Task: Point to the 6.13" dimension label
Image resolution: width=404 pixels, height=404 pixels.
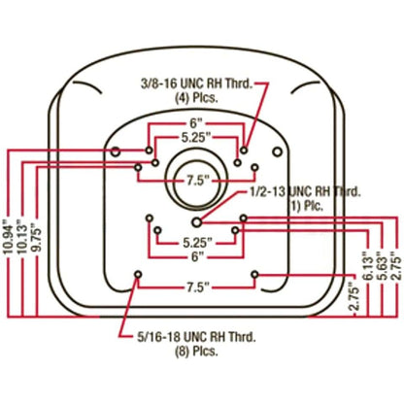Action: (x=369, y=265)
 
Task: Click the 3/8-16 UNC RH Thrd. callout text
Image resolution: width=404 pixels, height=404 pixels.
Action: (x=197, y=84)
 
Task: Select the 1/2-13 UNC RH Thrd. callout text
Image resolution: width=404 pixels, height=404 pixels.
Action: (x=305, y=192)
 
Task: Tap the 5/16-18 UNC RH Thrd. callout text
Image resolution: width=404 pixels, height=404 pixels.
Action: (x=196, y=337)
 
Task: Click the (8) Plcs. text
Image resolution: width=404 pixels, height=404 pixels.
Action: (x=196, y=351)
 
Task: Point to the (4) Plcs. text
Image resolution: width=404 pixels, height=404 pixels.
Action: (x=196, y=98)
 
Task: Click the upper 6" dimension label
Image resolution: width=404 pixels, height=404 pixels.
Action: (x=196, y=123)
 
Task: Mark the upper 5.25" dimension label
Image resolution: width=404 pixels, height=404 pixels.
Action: (x=196, y=138)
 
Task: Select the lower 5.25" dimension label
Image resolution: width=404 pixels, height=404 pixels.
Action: (x=197, y=243)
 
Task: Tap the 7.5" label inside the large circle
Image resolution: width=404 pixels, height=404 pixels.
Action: (x=196, y=181)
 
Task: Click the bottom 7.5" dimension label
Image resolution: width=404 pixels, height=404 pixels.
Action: (x=196, y=286)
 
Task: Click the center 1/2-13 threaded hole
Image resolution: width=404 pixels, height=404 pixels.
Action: (x=197, y=222)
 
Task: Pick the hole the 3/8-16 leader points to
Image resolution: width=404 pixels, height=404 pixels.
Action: (x=244, y=151)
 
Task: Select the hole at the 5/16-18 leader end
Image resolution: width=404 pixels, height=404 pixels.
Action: (x=138, y=275)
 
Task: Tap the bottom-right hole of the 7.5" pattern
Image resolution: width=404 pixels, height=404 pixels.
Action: (x=255, y=275)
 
